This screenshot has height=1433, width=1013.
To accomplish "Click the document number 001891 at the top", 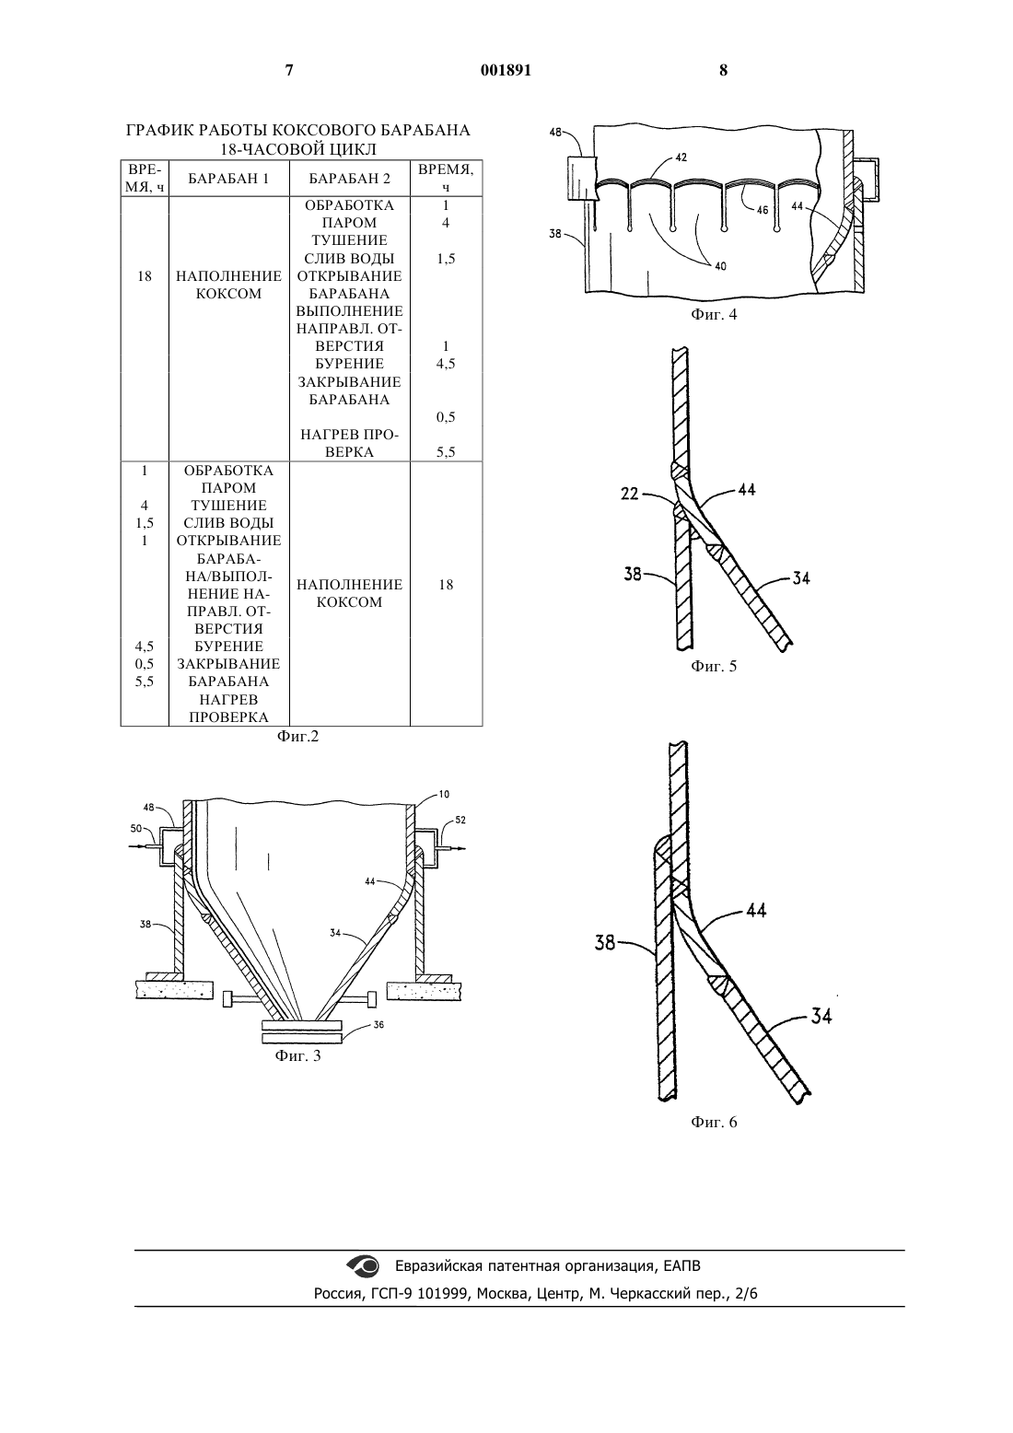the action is click(x=506, y=70).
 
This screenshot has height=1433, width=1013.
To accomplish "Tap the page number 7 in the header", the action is click(x=289, y=70).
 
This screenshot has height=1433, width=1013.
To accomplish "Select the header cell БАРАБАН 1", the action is click(x=228, y=179).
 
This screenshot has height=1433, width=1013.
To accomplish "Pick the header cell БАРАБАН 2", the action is click(x=349, y=179).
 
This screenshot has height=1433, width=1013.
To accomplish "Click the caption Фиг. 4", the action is click(x=714, y=314).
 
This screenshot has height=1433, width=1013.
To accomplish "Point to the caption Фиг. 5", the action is click(x=714, y=666).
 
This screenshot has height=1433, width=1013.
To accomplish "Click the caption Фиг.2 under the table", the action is click(x=297, y=737).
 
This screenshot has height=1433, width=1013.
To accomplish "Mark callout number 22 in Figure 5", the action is click(x=630, y=494).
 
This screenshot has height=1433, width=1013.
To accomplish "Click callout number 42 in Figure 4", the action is click(x=681, y=157).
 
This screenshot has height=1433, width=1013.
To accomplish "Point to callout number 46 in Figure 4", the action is click(x=763, y=210).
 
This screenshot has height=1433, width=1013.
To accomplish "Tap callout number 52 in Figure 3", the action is click(x=460, y=820).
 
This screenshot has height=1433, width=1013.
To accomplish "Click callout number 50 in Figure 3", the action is click(x=135, y=829).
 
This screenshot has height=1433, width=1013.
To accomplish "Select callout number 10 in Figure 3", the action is click(x=444, y=794).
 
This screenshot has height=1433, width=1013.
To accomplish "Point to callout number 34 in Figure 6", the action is click(x=821, y=1016).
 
